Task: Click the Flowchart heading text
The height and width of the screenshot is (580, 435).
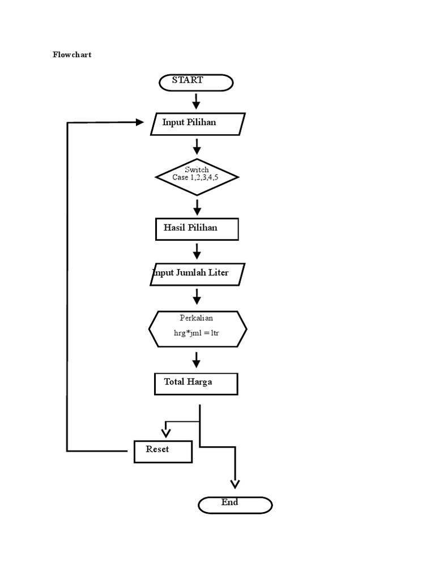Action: coord(72,55)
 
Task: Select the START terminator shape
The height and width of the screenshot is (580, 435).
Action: coord(195,82)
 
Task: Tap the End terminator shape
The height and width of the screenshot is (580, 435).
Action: coord(235,504)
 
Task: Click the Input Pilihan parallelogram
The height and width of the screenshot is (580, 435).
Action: coord(198,123)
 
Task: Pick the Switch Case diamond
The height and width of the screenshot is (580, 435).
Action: coord(197,177)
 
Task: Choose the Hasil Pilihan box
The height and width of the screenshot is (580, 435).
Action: coord(197,229)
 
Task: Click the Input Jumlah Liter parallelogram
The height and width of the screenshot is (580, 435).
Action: coord(198,274)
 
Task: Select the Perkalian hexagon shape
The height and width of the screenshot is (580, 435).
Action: coord(198,329)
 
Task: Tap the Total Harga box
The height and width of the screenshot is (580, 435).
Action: coord(196,383)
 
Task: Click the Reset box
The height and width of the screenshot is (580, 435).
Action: coord(163,451)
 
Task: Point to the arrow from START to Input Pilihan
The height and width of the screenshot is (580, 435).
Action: coord(197,101)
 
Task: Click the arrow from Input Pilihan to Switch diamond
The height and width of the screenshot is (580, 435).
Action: coord(197,147)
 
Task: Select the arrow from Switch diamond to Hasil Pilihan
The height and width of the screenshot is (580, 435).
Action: coord(197,207)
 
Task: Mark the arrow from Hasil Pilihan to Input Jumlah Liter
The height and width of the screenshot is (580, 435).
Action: coord(197,251)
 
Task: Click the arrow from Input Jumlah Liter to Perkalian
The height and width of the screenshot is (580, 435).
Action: coord(197,296)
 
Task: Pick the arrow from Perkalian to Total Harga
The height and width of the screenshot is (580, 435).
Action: coord(197,359)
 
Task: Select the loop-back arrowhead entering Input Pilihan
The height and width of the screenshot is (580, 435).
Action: coord(139,122)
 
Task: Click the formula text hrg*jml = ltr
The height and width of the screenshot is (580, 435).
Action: coord(197,333)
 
